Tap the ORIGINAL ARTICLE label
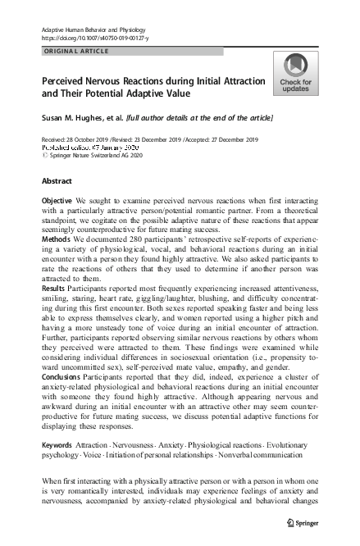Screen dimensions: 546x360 [75, 51]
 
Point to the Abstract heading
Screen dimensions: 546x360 [56, 180]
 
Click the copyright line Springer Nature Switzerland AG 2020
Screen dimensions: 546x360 [89, 154]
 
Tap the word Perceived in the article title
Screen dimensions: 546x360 [69, 82]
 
